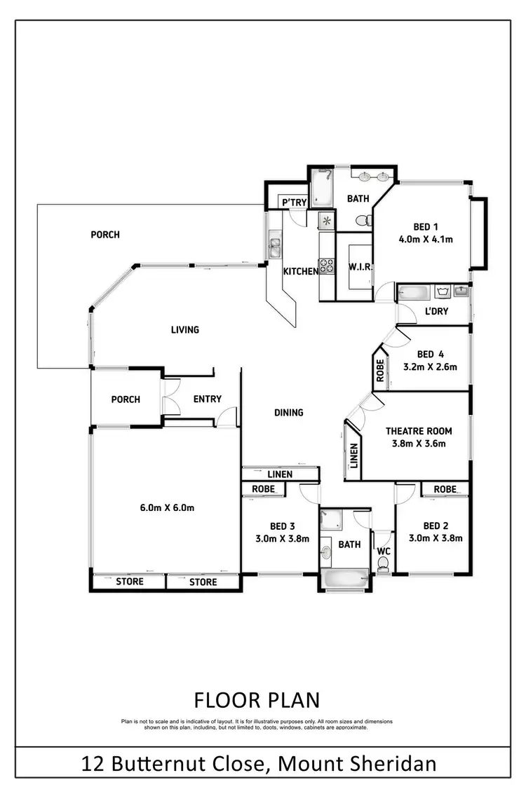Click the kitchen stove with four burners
click(328, 266)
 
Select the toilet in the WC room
click(383, 567)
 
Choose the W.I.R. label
click(360, 268)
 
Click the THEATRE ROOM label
click(419, 431)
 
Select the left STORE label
click(129, 582)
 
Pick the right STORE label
click(203, 582)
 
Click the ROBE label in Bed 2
click(445, 489)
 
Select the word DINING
click(288, 413)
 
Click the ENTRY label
click(207, 399)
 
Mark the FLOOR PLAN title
click(256, 699)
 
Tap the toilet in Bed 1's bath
click(363, 221)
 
